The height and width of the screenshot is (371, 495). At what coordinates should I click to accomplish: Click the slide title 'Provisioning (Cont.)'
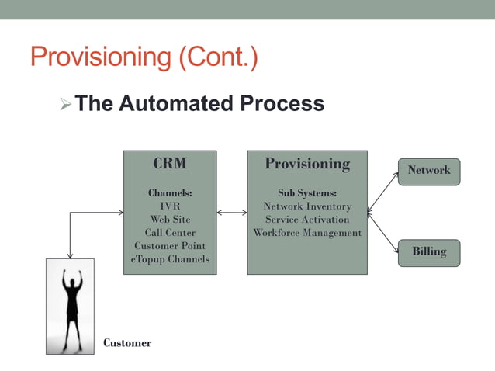(x=144, y=57)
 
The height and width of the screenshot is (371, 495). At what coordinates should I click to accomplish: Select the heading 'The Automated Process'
(x=199, y=103)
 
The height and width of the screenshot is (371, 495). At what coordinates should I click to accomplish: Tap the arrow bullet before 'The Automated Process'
(x=64, y=104)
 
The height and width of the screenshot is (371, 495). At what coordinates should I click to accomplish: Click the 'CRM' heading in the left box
(x=170, y=164)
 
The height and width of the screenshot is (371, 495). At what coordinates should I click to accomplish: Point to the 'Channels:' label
(x=170, y=192)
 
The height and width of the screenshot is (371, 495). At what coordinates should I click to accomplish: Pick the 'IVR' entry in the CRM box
(x=170, y=206)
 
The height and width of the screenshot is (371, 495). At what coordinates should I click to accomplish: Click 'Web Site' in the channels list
(x=170, y=219)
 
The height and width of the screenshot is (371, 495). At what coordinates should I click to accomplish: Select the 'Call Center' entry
(x=170, y=232)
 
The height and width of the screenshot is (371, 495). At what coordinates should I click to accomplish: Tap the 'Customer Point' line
(x=170, y=245)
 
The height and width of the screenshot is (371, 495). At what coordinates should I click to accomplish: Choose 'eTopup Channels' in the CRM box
(x=170, y=258)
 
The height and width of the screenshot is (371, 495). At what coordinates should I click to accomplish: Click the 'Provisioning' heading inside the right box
(x=307, y=164)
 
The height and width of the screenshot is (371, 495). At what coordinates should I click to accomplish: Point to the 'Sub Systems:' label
(x=307, y=192)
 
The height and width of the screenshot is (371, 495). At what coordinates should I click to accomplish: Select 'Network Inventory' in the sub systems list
(x=307, y=206)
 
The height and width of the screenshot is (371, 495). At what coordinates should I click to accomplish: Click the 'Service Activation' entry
(x=307, y=219)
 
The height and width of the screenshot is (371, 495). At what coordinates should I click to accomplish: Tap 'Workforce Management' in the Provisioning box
(x=307, y=232)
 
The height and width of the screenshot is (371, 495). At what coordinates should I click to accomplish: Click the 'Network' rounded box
(x=429, y=171)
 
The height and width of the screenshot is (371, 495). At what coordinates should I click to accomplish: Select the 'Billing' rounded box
(x=429, y=252)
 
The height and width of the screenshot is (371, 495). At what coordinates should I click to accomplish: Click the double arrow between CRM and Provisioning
(x=232, y=211)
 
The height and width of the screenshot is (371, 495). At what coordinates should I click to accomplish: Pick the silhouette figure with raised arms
(x=71, y=306)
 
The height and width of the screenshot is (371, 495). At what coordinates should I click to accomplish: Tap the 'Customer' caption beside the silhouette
(x=127, y=342)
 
